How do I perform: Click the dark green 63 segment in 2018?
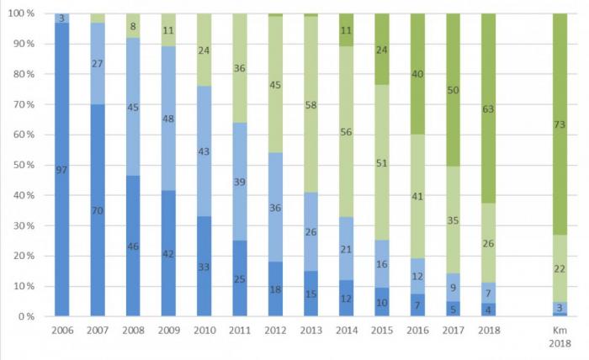489,108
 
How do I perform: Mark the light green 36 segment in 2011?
240,69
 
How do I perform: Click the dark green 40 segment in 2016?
417,74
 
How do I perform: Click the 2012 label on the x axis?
275,331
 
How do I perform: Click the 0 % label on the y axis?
26,316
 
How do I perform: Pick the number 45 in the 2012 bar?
275,84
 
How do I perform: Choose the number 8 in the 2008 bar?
134,26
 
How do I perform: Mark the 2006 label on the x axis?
62,331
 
